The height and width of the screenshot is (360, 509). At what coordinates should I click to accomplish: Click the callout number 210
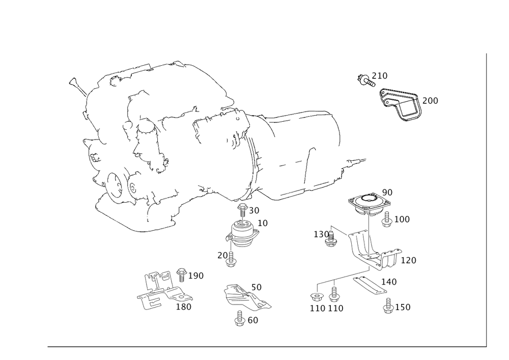point(380,76)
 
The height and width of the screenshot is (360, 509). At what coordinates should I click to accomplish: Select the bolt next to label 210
point(365,80)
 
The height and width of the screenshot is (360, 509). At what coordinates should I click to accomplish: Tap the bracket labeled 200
point(400,105)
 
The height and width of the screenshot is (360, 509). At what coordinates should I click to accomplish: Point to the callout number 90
point(387,192)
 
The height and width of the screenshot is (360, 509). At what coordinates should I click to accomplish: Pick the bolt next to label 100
point(387,219)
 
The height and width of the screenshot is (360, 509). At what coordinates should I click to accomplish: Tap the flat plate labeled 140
point(370,284)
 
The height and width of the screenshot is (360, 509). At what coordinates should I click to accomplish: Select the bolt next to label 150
point(388,306)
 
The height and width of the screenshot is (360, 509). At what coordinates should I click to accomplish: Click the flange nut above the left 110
point(315,297)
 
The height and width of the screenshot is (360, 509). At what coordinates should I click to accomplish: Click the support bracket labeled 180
point(164,290)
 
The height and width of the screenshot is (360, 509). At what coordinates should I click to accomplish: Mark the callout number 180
point(183,307)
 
